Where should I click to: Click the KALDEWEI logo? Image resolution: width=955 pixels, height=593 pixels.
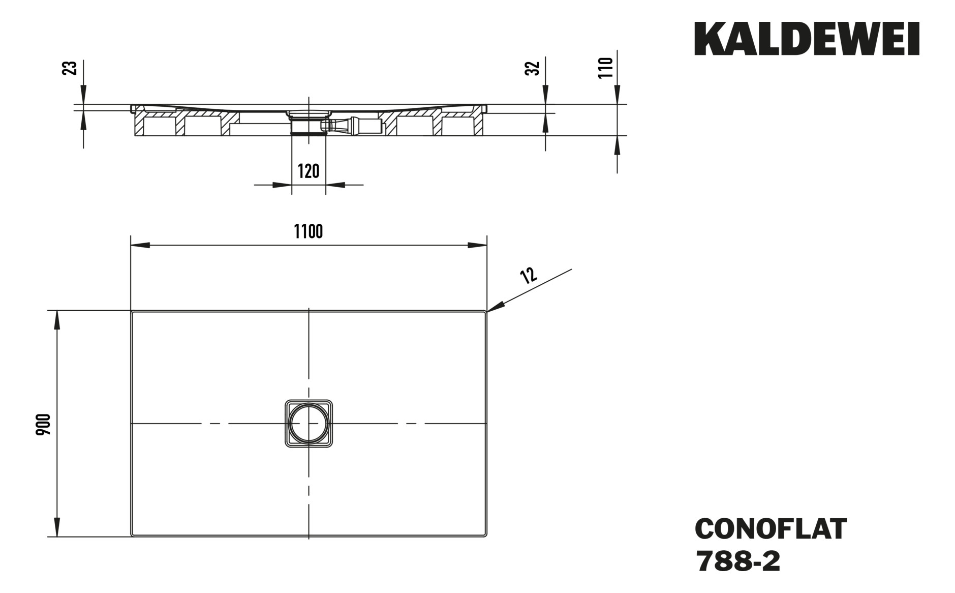pos(807,39)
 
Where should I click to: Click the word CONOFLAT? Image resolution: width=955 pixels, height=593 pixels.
pos(771,529)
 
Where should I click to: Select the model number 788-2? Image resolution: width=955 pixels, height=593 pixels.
pos(737,562)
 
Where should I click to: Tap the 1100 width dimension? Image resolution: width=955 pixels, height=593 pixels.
pos(308,232)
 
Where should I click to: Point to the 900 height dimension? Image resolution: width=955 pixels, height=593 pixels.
pos(44,424)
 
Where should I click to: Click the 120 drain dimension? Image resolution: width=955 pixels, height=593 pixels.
pos(308,171)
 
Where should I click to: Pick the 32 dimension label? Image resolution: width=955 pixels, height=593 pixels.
pos(532,68)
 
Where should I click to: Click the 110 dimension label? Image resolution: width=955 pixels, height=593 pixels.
pos(605,68)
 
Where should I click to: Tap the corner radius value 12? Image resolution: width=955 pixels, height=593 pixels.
pos(529,275)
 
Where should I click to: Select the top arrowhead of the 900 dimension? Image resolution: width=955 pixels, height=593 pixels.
pos(57,319)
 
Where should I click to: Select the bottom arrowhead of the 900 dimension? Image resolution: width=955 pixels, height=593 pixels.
pos(57,527)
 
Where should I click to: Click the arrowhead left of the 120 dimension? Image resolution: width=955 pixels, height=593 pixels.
pos(283,185)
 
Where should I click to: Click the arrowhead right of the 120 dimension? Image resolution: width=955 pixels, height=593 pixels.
pos(335,185)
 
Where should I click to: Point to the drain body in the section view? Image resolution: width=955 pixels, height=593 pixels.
pos(308,122)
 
